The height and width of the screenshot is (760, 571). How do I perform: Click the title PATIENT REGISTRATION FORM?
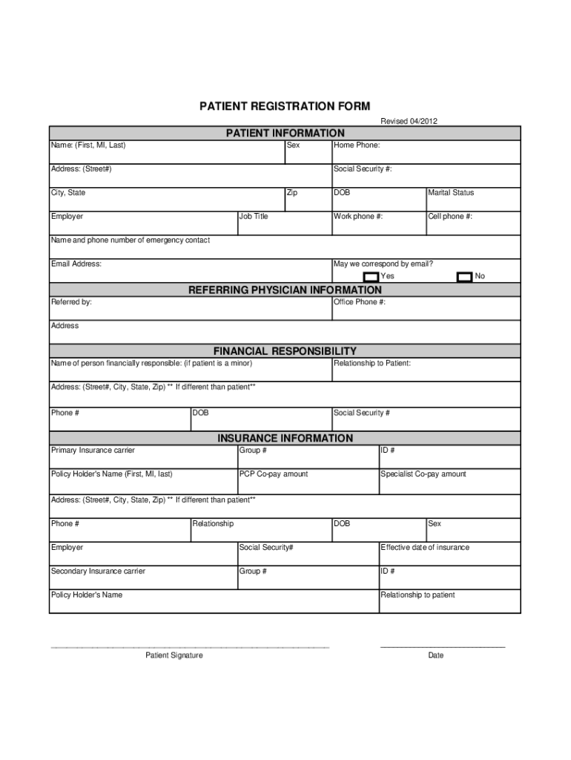(x=285, y=107)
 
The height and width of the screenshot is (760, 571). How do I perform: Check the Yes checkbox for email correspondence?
(x=371, y=277)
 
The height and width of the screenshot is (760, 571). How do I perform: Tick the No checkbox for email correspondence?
(x=464, y=277)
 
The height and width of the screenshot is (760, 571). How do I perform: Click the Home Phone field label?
(x=357, y=145)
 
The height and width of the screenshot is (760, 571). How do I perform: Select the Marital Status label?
(x=451, y=193)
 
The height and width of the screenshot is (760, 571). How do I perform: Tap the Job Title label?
(x=254, y=217)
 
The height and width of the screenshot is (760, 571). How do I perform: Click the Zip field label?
(x=292, y=193)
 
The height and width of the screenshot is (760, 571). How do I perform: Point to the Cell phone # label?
(x=450, y=217)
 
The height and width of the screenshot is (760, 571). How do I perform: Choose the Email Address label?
(x=76, y=264)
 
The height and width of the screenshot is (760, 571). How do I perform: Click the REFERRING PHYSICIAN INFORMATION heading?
(x=285, y=290)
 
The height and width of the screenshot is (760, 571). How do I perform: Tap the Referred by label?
(x=72, y=303)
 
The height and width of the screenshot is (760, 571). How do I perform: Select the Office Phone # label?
(x=360, y=303)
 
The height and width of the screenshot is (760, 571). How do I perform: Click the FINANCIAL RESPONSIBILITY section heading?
(x=285, y=351)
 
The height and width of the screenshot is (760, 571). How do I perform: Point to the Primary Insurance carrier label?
(x=93, y=451)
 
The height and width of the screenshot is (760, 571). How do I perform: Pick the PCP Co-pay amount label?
(x=274, y=474)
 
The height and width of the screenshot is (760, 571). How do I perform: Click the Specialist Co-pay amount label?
(x=423, y=474)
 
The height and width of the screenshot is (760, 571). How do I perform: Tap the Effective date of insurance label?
(x=425, y=548)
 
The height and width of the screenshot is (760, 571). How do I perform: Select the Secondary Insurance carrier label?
(x=98, y=571)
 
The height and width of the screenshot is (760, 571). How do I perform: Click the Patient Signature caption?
(x=174, y=655)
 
